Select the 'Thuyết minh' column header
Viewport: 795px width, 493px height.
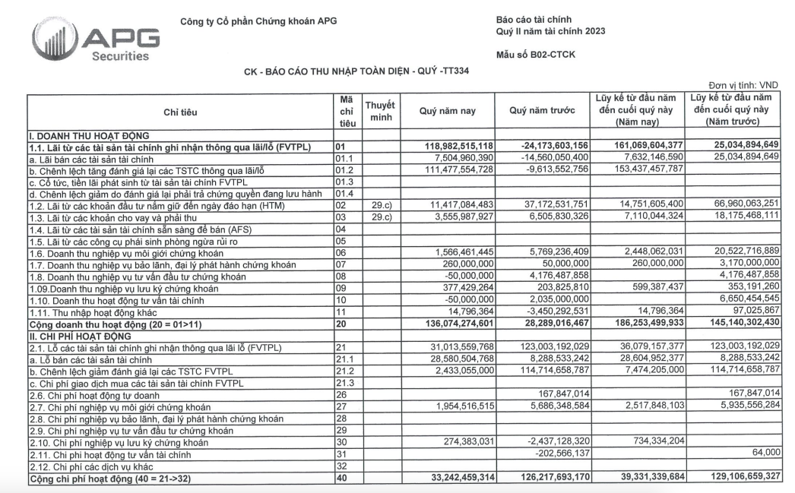pyautogui.click(x=380, y=112)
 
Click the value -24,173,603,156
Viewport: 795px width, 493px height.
pyautogui.click(x=543, y=145)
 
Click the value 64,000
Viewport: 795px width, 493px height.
pyautogui.click(x=765, y=453)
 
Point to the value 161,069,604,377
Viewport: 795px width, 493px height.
pyautogui.click(x=639, y=145)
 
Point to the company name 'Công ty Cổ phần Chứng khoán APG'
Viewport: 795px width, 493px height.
pyautogui.click(x=258, y=21)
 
